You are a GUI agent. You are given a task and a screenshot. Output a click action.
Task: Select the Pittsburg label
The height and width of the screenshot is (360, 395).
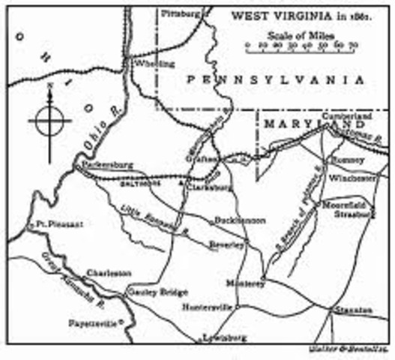(x=183, y=13)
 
